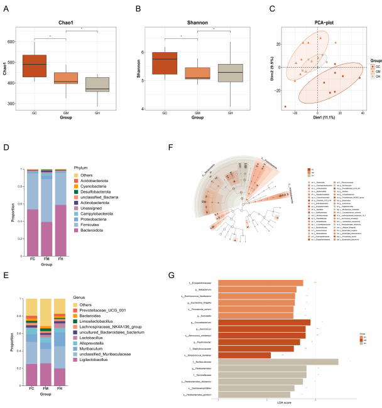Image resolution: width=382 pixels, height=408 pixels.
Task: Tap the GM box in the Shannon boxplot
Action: (x=197, y=73)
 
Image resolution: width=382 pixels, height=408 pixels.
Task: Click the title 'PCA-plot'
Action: (x=319, y=23)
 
